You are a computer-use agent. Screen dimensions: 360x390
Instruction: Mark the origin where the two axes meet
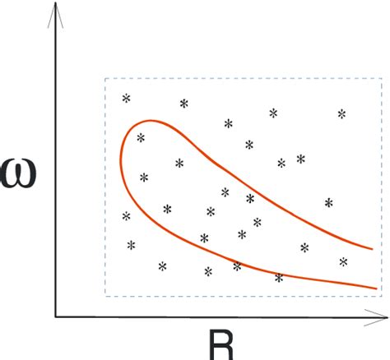pos(56,316)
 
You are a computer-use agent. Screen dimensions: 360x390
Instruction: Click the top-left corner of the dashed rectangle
pos(105,79)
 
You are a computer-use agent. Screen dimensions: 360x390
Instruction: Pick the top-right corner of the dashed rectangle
pos(382,79)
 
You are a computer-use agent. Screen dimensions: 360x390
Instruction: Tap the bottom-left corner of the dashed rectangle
pos(105,294)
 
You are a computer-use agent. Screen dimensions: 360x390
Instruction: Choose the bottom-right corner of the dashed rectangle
pos(382,294)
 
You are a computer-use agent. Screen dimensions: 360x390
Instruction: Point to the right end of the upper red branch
pos(373,247)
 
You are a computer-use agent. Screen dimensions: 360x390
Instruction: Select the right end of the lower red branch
pos(377,288)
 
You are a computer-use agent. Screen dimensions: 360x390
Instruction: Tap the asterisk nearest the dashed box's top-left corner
pos(126,99)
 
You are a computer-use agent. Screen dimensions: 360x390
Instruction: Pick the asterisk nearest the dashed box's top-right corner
pos(341,113)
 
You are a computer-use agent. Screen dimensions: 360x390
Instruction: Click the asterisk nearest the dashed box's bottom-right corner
pos(343,262)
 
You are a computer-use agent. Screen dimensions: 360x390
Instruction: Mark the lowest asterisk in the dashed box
pos(279,279)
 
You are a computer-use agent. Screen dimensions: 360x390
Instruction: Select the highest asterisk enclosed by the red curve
pos(141,138)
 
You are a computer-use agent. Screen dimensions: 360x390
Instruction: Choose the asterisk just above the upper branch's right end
pos(328,203)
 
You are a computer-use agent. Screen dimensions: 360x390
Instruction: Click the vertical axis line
pos(56,164)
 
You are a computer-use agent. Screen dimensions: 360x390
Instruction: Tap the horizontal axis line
pos(206,316)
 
